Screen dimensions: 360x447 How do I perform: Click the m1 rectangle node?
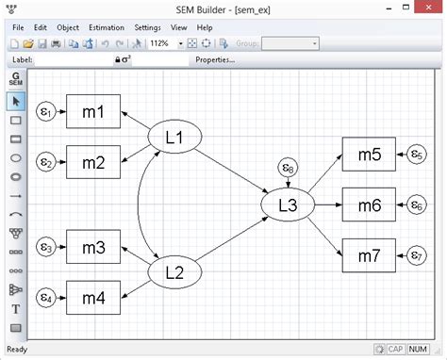click(x=91, y=113)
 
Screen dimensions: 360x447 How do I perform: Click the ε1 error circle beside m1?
click(x=44, y=113)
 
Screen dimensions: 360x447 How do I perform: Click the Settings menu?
click(x=147, y=28)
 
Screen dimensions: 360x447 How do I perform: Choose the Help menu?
click(x=205, y=28)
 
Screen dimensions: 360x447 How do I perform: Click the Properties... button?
click(x=215, y=60)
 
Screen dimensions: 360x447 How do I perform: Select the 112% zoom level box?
click(x=162, y=43)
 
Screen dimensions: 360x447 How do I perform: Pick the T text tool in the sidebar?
click(x=16, y=308)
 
